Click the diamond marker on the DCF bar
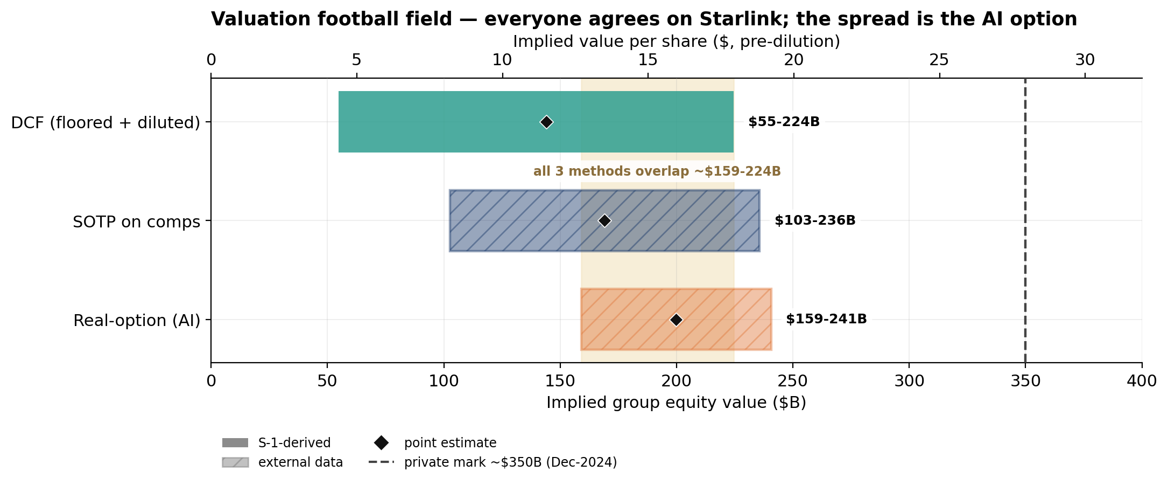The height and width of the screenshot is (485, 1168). (x=546, y=122)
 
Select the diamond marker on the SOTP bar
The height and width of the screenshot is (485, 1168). (x=604, y=220)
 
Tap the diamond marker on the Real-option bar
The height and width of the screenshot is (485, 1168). (x=676, y=320)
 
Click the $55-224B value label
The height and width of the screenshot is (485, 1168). (x=784, y=122)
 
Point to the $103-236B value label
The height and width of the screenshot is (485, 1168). (x=815, y=220)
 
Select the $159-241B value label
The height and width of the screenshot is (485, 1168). (x=826, y=319)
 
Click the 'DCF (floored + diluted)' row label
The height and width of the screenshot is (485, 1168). (x=105, y=123)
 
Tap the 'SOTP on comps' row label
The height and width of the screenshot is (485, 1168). (x=137, y=221)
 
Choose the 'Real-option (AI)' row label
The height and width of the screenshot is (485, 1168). (x=137, y=321)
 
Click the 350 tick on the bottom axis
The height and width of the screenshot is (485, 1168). (x=1025, y=381)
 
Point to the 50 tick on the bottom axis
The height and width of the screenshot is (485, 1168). (x=327, y=381)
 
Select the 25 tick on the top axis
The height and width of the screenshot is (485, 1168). (x=939, y=60)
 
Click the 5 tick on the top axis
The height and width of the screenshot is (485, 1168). (x=356, y=60)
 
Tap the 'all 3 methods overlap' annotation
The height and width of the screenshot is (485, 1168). (x=657, y=171)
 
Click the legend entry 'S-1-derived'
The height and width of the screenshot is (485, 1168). (x=276, y=443)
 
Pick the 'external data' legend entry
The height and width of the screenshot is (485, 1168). (x=282, y=462)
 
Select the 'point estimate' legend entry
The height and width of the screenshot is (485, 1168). (x=433, y=443)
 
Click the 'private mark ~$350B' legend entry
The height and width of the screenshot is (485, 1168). (x=492, y=462)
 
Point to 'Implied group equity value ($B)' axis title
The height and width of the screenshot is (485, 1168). (x=676, y=403)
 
